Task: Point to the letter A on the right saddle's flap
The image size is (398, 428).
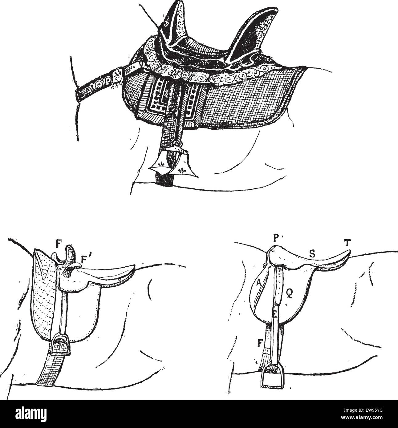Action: (x=258, y=282)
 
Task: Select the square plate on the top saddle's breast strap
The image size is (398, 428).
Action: (x=117, y=75)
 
